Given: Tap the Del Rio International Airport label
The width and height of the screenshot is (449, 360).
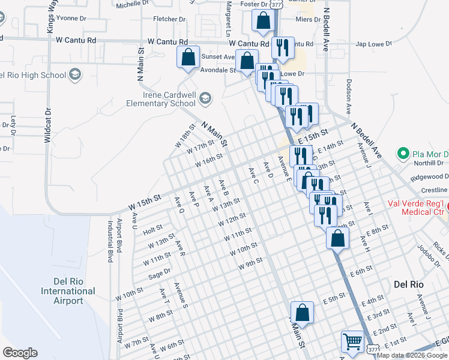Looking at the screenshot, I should [68, 291].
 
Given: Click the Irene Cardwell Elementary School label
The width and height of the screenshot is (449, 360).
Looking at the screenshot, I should [161, 99].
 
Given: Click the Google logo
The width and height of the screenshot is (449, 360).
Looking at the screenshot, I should [20, 353].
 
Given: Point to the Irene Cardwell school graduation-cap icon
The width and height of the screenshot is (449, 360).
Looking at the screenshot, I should [205, 98].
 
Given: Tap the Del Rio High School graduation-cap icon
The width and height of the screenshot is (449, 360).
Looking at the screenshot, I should [75, 74].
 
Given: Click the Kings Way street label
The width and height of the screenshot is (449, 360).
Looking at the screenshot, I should [52, 16].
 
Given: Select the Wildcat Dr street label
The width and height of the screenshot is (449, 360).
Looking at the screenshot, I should [47, 125].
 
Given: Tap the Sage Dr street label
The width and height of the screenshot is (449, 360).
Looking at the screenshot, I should [159, 274].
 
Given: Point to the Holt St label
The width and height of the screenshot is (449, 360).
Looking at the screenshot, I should [152, 229].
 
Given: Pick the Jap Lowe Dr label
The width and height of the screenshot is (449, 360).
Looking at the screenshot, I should [373, 44].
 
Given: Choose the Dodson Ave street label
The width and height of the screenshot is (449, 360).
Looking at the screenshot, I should [348, 96].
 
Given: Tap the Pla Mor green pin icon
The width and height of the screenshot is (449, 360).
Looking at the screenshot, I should [403, 154].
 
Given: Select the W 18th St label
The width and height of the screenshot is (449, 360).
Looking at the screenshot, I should [185, 136].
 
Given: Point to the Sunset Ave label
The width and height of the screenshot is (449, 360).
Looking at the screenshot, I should [217, 57].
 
